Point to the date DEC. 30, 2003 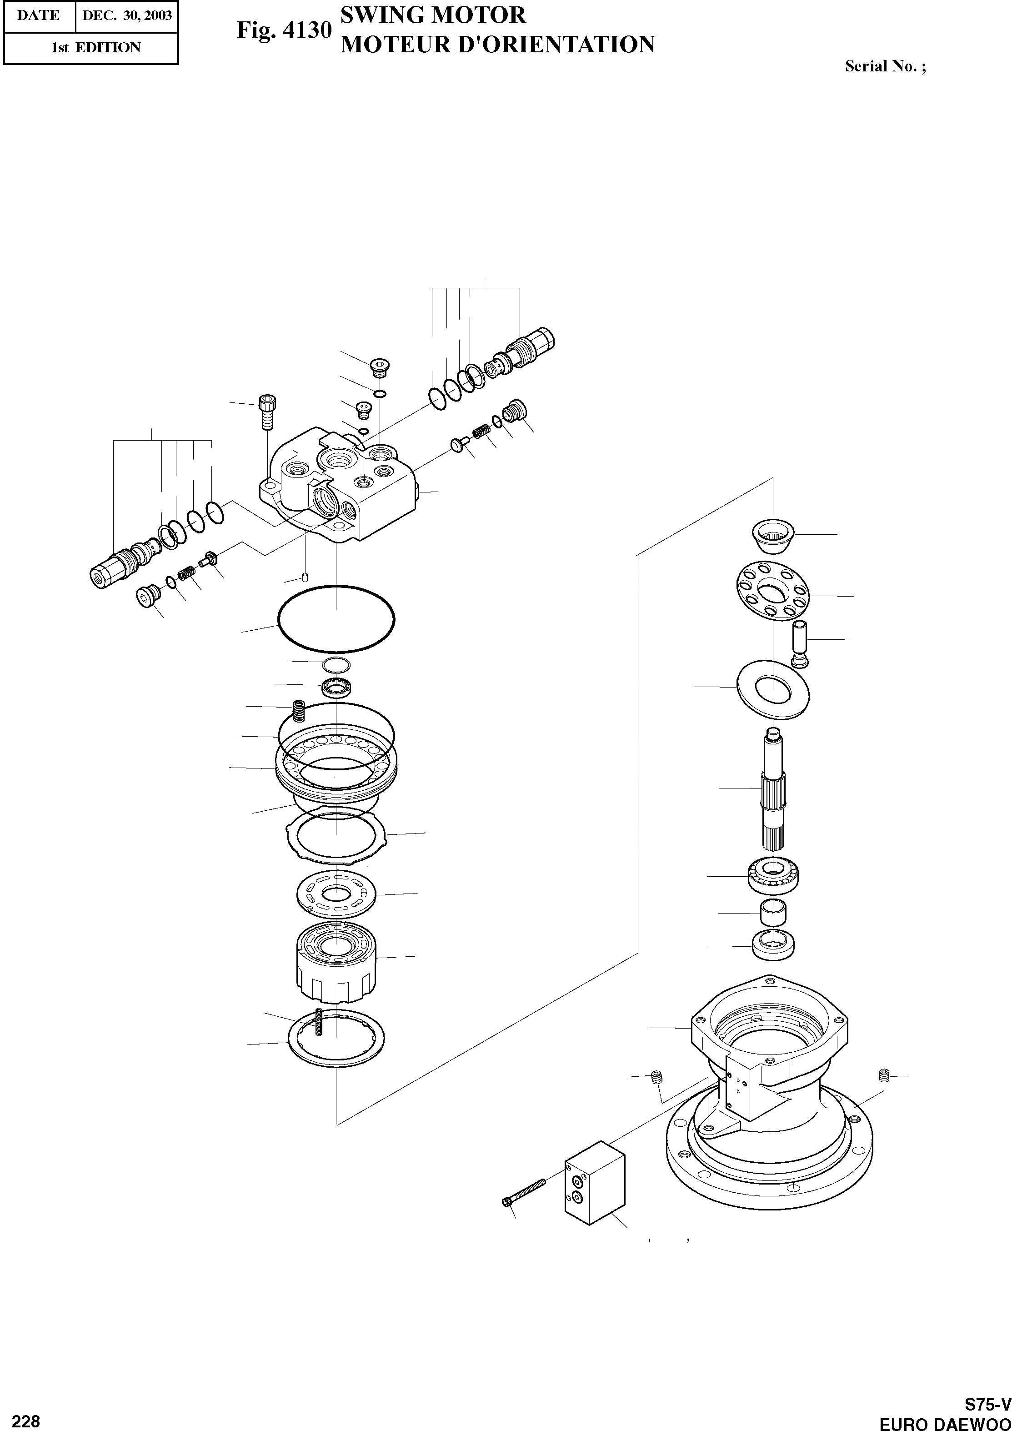[x=126, y=15]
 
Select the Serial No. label [x=885, y=67]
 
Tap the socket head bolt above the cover [x=267, y=412]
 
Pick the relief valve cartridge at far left [x=121, y=562]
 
